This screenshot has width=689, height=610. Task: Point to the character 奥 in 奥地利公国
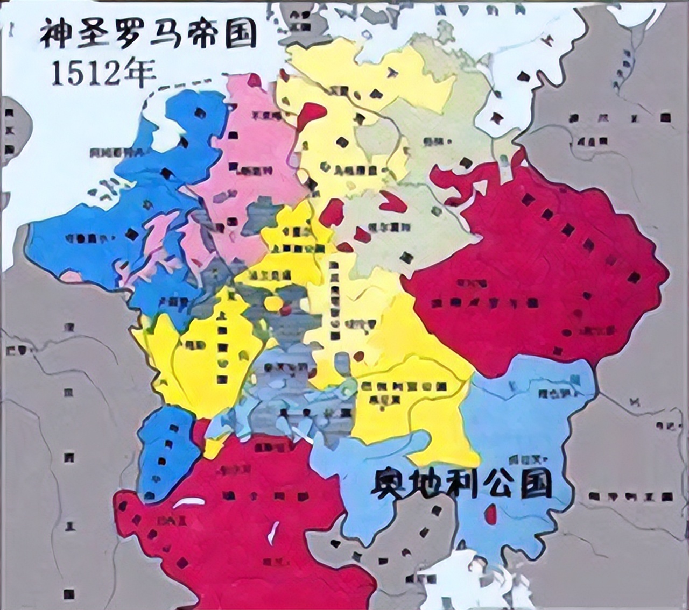[x=390, y=483]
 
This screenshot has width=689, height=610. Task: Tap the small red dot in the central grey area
[x=285, y=309]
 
